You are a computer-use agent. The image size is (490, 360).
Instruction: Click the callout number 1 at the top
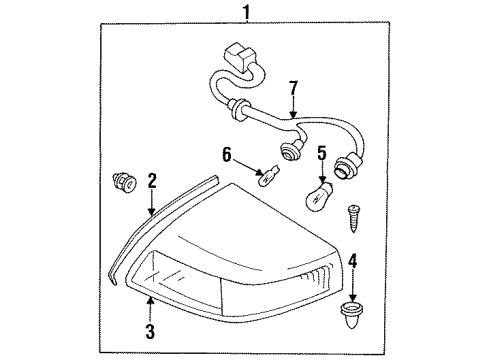point(242,13)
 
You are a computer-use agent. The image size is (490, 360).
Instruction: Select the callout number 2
point(152,181)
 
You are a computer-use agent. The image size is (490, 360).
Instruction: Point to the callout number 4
point(352,262)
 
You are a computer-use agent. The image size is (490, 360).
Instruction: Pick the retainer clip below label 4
point(353,305)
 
